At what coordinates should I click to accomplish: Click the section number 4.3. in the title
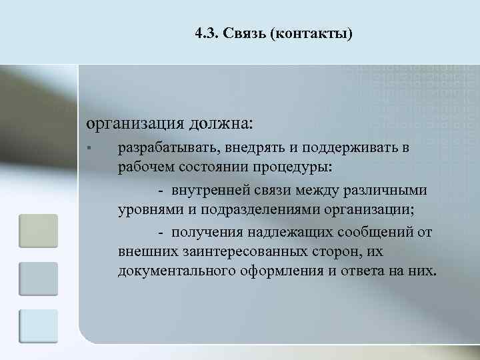pyautogui.click(x=208, y=34)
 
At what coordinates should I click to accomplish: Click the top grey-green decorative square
pyautogui.click(x=39, y=231)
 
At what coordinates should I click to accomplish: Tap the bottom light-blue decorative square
pyautogui.click(x=39, y=327)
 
